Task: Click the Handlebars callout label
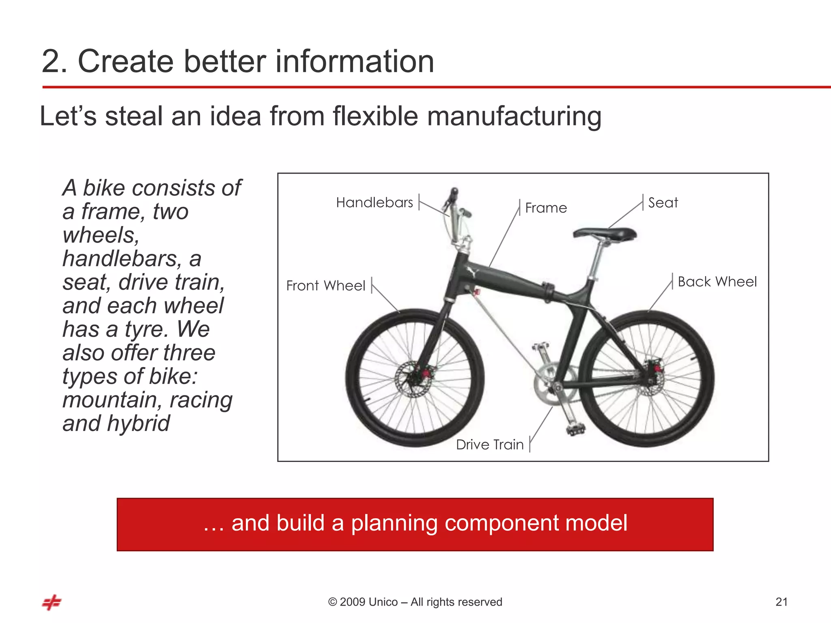(x=374, y=202)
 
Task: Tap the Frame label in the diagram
(x=546, y=208)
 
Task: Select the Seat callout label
(x=663, y=202)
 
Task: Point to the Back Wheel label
(x=717, y=281)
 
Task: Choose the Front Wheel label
(x=325, y=286)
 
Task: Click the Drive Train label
(x=490, y=445)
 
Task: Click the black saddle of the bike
(x=605, y=234)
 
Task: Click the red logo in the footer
(x=52, y=602)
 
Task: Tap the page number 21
(x=781, y=602)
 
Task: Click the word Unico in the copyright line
(x=383, y=602)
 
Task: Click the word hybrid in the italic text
(x=138, y=423)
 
